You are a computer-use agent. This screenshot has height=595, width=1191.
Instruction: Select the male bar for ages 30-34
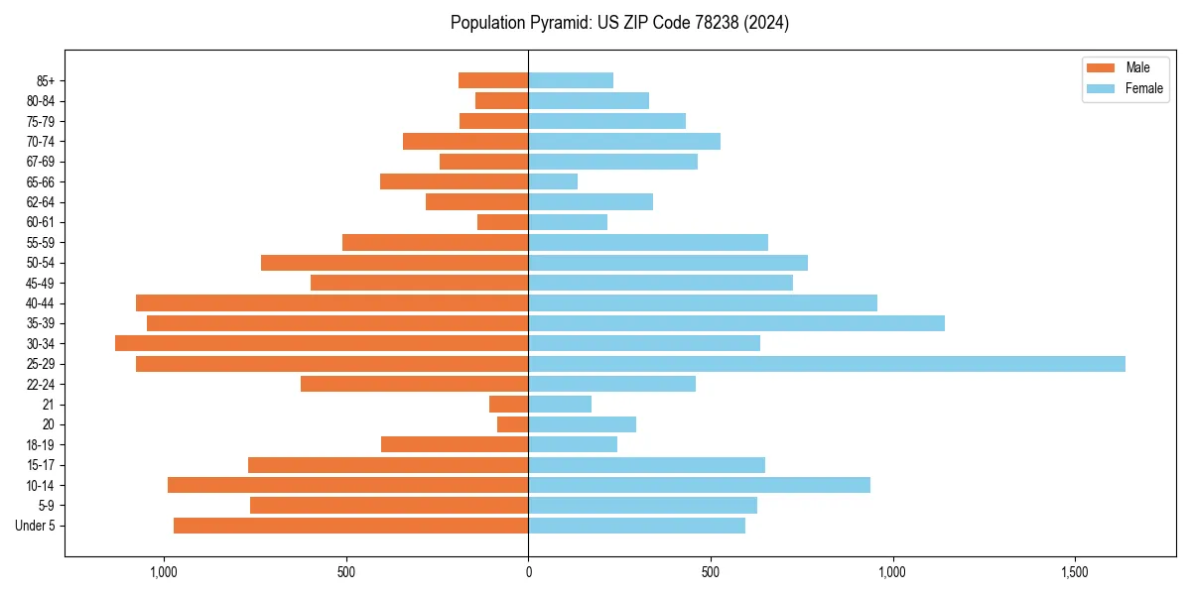click(322, 343)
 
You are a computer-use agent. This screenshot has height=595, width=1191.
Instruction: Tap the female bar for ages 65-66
click(553, 181)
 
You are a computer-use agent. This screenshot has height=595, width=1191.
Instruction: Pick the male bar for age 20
click(512, 424)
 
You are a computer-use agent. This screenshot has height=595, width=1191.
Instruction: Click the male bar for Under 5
click(350, 526)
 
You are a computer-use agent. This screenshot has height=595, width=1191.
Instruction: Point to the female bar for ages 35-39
click(735, 323)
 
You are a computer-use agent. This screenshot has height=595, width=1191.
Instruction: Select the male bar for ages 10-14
click(347, 485)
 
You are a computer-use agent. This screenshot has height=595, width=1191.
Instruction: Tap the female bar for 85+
click(571, 80)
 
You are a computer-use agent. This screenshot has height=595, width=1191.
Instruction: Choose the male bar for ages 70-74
click(465, 141)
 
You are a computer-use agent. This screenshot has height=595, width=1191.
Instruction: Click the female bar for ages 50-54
click(667, 263)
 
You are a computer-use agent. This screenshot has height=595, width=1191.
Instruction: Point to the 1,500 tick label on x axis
click(1075, 572)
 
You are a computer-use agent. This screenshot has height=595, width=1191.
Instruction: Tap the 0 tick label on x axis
click(528, 572)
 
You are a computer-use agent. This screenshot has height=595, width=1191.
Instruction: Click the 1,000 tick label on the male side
click(164, 572)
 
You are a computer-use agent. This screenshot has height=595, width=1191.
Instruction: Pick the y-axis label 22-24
click(41, 385)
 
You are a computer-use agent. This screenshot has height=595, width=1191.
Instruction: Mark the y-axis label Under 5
click(35, 526)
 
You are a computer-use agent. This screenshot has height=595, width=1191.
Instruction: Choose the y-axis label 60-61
click(41, 222)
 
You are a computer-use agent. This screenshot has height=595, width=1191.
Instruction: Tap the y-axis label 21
click(48, 405)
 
